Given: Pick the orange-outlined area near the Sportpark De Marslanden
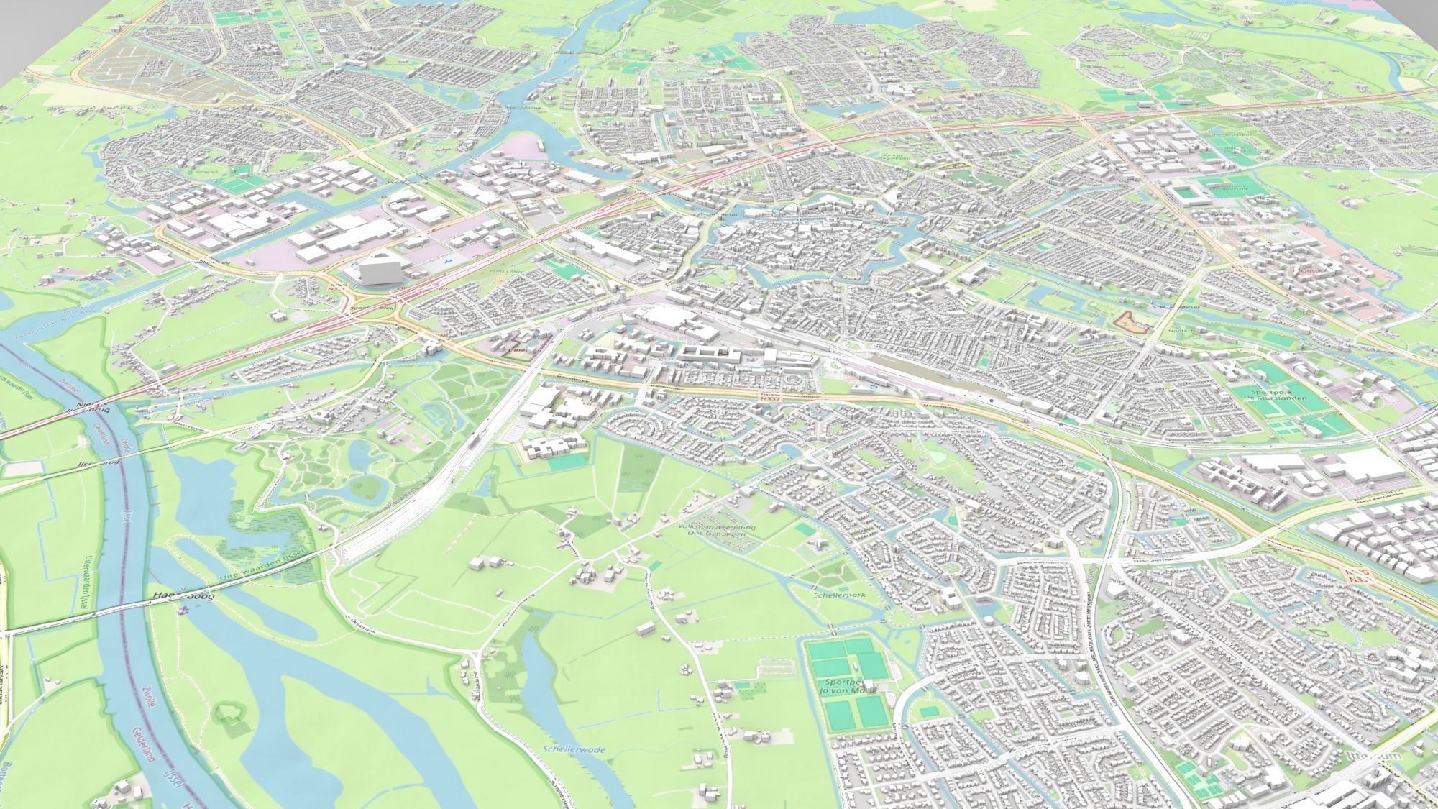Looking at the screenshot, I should (1130, 322).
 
